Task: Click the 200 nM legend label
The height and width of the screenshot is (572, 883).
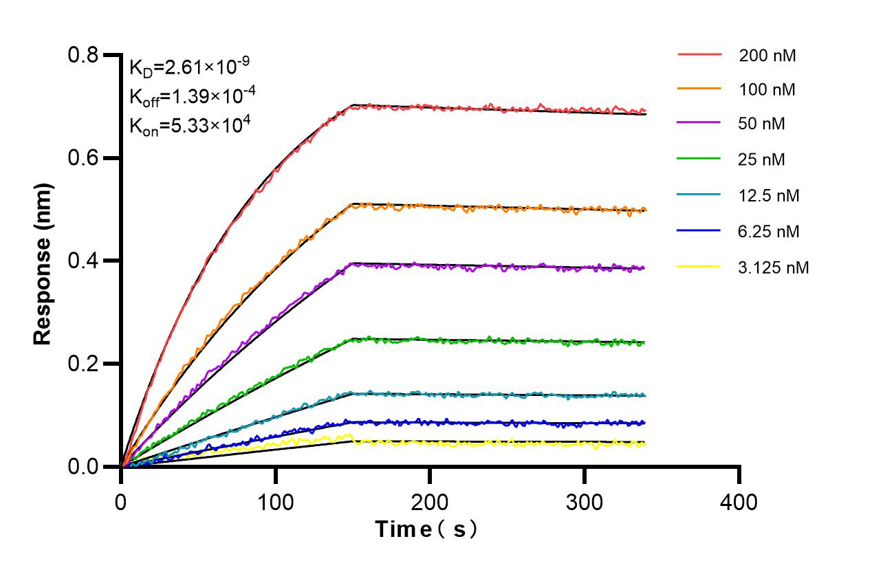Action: click(767, 56)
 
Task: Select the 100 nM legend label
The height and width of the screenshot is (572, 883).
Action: click(767, 90)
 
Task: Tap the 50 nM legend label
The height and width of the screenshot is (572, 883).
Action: click(762, 124)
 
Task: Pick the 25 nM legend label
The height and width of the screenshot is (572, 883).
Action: click(762, 160)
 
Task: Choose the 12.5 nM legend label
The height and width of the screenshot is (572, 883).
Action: click(770, 196)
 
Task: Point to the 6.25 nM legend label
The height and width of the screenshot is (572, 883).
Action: click(770, 232)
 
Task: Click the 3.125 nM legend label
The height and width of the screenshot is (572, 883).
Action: click(774, 267)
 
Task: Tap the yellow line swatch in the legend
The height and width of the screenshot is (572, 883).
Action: click(699, 267)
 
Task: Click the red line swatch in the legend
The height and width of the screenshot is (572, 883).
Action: click(699, 54)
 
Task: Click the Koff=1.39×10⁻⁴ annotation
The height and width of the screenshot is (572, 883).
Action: click(193, 96)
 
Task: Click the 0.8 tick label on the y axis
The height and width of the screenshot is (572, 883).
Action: click(84, 55)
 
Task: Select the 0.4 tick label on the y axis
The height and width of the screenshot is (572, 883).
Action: click(84, 261)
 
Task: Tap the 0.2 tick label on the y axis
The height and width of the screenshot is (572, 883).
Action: click(84, 364)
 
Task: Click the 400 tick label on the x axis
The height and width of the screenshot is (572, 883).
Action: click(739, 502)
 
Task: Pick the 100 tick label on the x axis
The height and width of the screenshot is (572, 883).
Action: click(276, 502)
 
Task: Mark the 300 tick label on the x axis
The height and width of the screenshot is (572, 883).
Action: click(585, 502)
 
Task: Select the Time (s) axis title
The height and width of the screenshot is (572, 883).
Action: click(426, 530)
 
